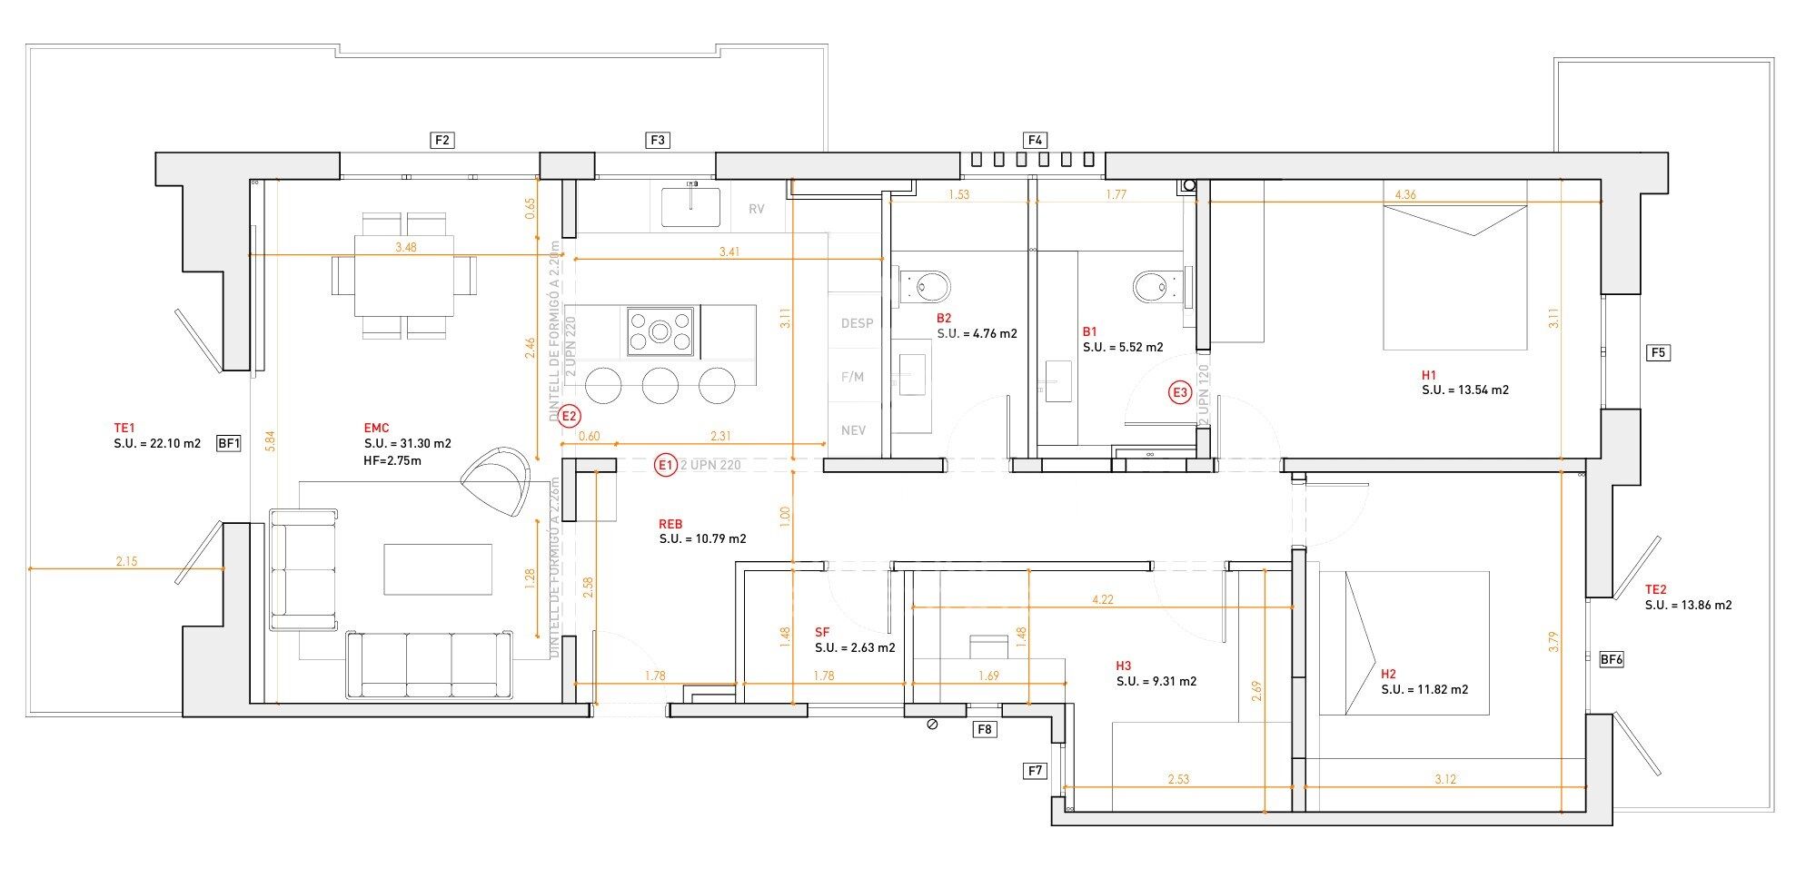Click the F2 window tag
pos(442,140)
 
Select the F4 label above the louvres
pos(1035,140)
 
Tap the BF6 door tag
pos(1611,660)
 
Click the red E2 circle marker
pos(570,417)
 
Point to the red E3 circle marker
pos(1179,393)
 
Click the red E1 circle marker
pos(666,465)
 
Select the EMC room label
pos(376,428)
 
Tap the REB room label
pos(670,524)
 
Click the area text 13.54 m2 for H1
pos(1464,390)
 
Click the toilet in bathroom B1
pos(1152,288)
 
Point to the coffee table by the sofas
pos(438,569)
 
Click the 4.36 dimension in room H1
pos(1404,194)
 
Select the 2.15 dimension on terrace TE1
pos(126,561)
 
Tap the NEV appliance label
pos(853,430)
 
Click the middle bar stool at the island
pos(660,385)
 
